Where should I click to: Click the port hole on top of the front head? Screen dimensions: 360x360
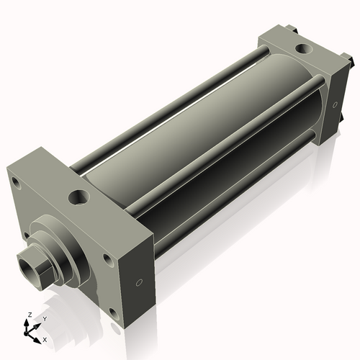click(78, 197)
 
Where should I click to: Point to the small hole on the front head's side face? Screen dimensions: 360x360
click(140, 282)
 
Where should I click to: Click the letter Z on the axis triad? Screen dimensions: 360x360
click(28, 315)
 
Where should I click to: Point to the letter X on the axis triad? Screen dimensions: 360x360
click(45, 338)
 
